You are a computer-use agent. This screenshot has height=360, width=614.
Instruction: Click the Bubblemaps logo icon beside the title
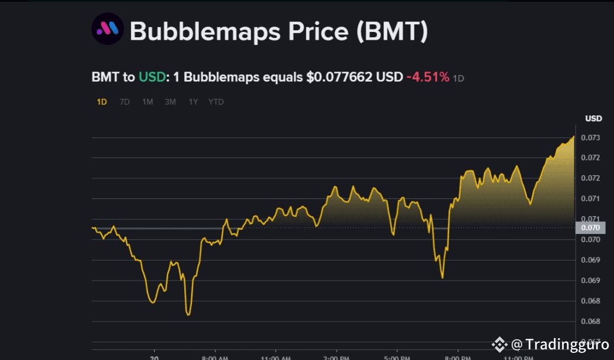(x=107, y=30)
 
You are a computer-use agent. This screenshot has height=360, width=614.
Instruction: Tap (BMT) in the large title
(x=392, y=31)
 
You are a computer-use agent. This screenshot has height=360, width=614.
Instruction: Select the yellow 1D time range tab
(x=102, y=102)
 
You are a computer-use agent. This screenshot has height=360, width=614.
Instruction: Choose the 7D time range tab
(x=124, y=102)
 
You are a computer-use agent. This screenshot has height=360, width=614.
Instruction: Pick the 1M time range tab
(x=147, y=102)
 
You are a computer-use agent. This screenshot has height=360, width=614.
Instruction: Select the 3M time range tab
(x=171, y=102)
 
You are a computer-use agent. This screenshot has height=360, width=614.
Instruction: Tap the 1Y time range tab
(x=193, y=102)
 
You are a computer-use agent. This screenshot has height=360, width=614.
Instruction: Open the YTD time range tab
(x=216, y=102)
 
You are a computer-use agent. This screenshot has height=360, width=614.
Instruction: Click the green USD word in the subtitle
(x=152, y=78)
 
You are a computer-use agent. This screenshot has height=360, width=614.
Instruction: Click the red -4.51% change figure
(x=427, y=78)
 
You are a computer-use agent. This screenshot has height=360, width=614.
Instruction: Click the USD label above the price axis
(x=593, y=118)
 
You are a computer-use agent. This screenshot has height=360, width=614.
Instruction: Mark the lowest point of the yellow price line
(x=188, y=314)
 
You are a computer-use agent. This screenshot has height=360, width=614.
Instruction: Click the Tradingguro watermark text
(x=566, y=344)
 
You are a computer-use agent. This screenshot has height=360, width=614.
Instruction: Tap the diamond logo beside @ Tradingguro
(x=500, y=344)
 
